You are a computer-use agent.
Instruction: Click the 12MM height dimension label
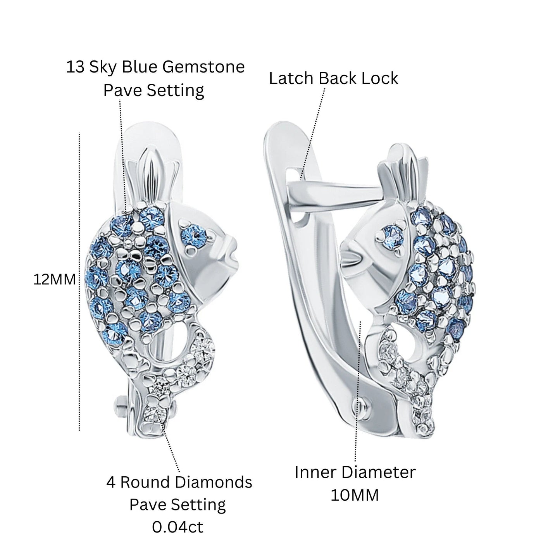coord(54,279)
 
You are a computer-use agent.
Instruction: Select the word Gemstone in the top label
coord(203,67)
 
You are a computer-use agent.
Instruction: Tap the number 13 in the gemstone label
coord(75,67)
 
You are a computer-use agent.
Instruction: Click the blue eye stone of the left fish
coord(193,235)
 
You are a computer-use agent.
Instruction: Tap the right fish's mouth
coord(352,257)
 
